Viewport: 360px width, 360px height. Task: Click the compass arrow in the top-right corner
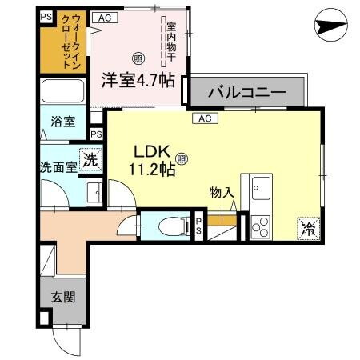[330, 26]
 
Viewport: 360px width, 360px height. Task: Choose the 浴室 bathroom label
[63, 122]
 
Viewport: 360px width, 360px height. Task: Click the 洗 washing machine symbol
[92, 159]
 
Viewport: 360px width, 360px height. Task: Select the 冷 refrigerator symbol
[308, 228]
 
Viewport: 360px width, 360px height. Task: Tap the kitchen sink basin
[261, 190]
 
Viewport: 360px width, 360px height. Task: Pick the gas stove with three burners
[261, 227]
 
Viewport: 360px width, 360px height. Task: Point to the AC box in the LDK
[203, 118]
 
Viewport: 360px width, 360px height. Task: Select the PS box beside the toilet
[198, 225]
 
